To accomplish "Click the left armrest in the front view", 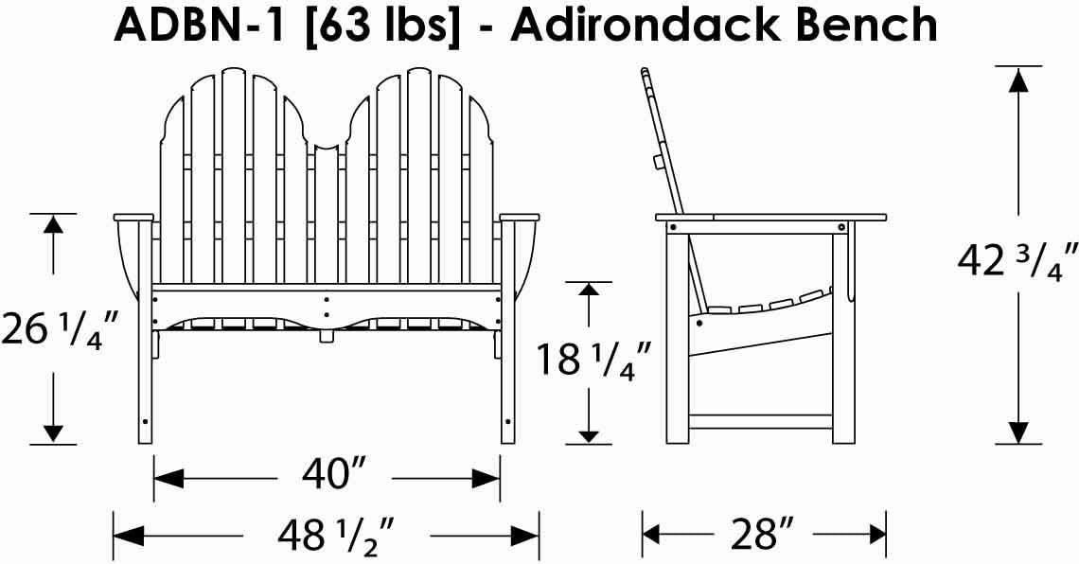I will coord(133,218).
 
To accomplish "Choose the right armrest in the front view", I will coord(520,218).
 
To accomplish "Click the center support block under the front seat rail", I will coord(327,334).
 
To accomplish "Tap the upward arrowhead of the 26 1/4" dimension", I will coord(53,224).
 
